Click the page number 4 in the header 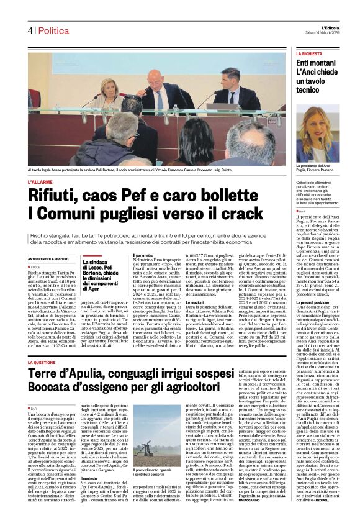(29, 30)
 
